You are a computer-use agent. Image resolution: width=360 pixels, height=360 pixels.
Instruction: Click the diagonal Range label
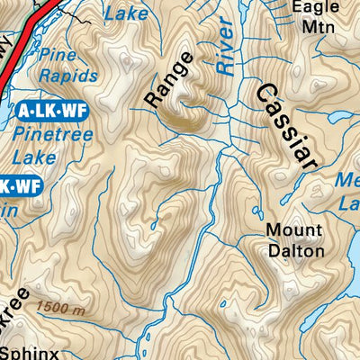(x=169, y=81)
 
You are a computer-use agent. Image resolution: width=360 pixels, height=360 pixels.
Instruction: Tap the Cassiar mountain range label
(x=287, y=126)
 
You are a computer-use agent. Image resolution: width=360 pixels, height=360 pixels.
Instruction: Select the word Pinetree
(x=50, y=138)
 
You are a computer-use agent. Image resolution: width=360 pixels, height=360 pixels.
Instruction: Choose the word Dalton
(x=295, y=251)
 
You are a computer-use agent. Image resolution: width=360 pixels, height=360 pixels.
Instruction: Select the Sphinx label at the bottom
(x=29, y=353)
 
